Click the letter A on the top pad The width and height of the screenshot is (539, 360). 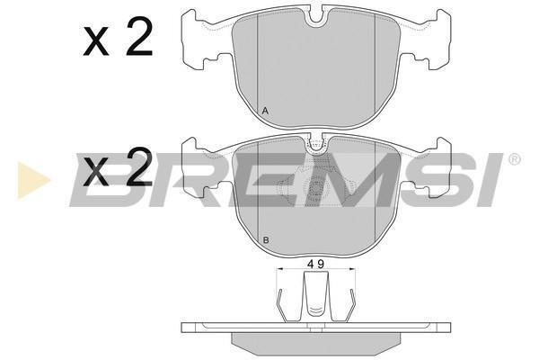265,111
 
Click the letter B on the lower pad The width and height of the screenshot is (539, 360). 265,240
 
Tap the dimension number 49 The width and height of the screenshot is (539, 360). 316,265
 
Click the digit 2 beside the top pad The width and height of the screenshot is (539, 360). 139,37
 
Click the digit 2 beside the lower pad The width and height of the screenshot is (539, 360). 139,166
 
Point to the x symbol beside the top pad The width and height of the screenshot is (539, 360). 96,42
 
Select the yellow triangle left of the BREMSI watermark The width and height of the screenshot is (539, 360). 34,180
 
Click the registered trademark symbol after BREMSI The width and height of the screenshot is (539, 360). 514,159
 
